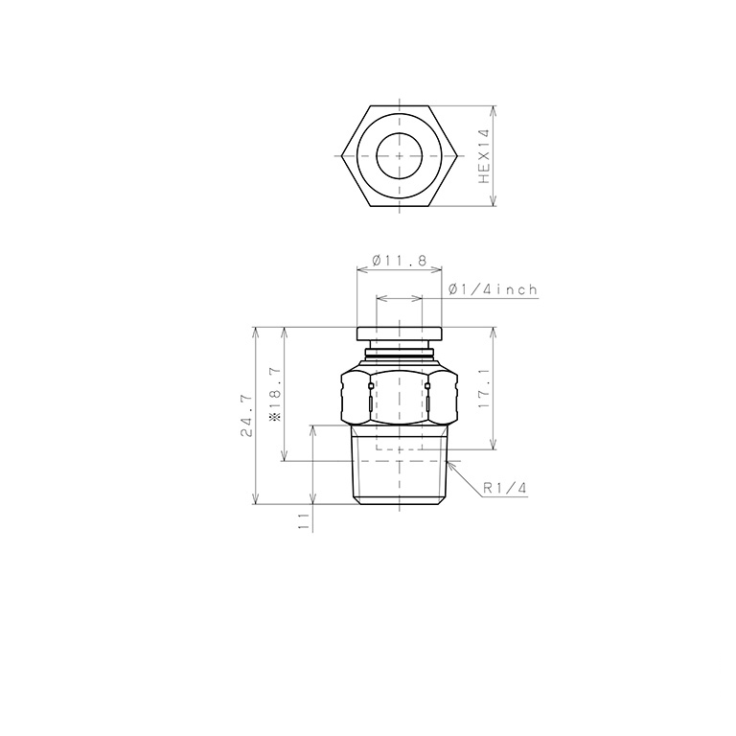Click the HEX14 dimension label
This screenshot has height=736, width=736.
[485, 156]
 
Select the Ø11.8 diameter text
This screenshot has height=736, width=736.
[399, 261]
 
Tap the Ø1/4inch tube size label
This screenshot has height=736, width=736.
[492, 289]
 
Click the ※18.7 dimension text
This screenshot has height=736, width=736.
[275, 393]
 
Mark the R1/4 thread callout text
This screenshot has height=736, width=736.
[505, 488]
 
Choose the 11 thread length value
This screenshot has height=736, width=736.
[303, 520]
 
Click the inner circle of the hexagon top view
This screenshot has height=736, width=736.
[399, 156]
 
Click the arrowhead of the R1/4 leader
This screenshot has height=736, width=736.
[448, 462]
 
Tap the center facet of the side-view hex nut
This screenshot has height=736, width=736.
[399, 397]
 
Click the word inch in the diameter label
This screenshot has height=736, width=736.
[517, 289]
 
